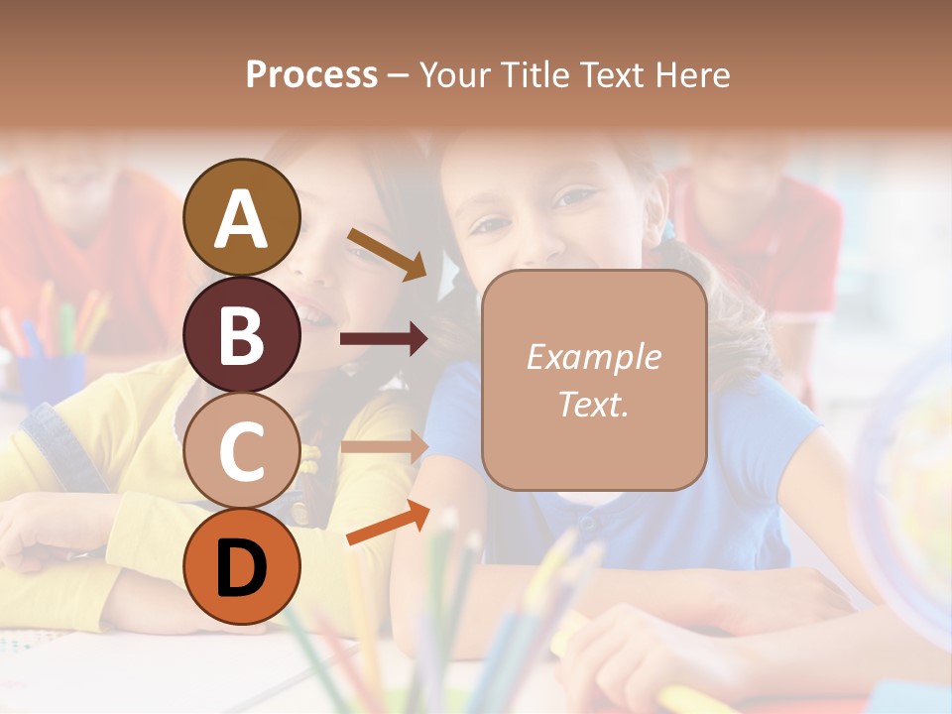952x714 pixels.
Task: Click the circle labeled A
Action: [x=241, y=218]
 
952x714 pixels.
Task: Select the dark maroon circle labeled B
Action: [x=241, y=334]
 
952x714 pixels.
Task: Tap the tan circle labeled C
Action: [x=241, y=450]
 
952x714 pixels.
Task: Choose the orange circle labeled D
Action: [x=241, y=566]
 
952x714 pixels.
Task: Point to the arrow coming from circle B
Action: [x=384, y=339]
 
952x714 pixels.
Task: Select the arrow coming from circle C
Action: [x=384, y=446]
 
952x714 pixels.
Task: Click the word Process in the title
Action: [x=311, y=75]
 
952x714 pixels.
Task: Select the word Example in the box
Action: [x=593, y=357]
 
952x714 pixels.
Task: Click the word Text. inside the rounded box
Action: [x=593, y=405]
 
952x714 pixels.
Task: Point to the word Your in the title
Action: [x=452, y=75]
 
